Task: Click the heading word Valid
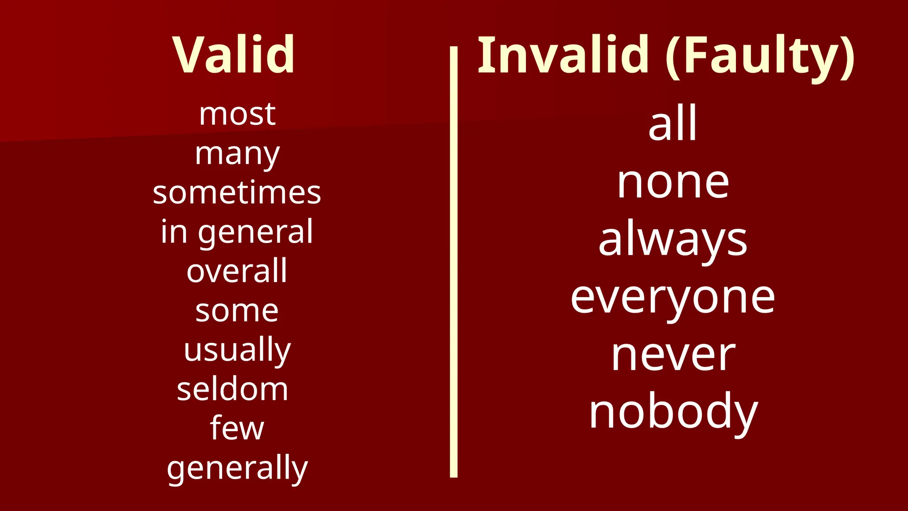[233, 55]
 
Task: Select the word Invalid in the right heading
[563, 55]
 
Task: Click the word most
[237, 114]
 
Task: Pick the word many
[237, 154]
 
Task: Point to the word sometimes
[237, 193]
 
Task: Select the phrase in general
[237, 232]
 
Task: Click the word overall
[237, 271]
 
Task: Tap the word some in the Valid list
[237, 311]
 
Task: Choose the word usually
[237, 350]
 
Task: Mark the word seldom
[232, 389]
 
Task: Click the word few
[237, 428]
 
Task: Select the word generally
[237, 468]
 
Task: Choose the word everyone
[673, 299]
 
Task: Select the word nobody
[673, 413]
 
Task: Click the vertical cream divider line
[454, 262]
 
